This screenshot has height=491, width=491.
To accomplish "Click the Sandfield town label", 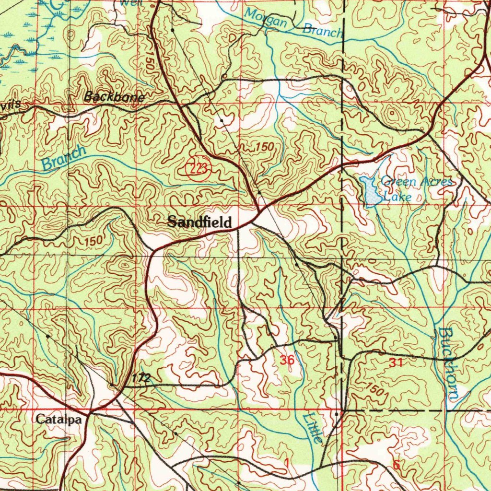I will [199, 222].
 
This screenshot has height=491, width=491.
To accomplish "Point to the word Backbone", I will [114, 97].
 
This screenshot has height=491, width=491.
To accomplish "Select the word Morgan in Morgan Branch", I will [266, 19].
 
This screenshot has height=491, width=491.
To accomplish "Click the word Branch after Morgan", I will [323, 31].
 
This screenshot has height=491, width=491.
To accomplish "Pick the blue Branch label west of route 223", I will [64, 157].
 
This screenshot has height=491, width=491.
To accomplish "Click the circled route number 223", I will [196, 168].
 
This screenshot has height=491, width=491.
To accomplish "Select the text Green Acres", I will [416, 182].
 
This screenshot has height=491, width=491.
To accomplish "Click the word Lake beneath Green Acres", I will [397, 197].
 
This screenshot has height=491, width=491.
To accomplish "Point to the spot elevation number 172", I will [141, 378].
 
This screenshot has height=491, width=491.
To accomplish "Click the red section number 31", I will [396, 363].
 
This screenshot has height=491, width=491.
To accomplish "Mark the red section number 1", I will [286, 463].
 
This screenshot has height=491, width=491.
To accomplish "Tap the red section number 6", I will [396, 464].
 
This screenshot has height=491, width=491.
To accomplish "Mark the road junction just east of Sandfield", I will [259, 212].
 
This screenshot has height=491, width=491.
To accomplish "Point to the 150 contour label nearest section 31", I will [376, 389].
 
